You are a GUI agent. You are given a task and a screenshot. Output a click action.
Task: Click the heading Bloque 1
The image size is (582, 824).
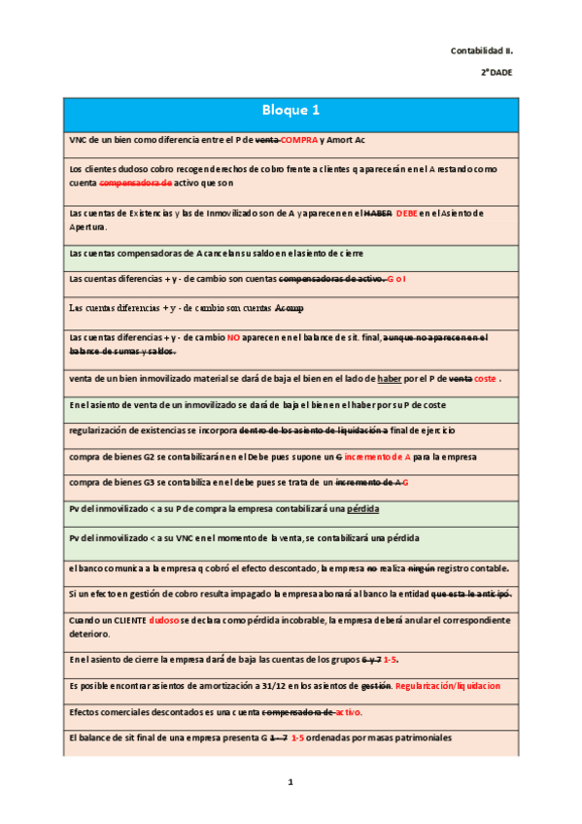[x=291, y=111]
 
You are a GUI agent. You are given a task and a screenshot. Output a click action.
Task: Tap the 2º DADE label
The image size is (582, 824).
[x=496, y=73]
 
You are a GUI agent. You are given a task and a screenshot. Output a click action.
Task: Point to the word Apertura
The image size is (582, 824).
[x=91, y=226]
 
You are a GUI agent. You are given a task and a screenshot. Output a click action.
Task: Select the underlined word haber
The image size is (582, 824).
[x=390, y=378]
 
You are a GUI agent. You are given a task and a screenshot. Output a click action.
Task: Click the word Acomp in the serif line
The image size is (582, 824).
[x=289, y=308]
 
